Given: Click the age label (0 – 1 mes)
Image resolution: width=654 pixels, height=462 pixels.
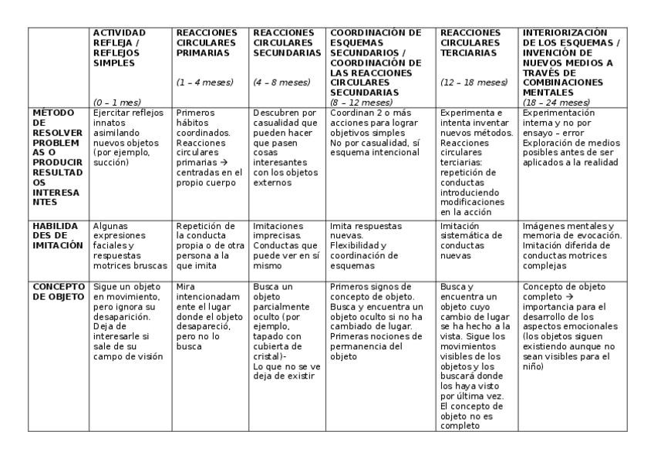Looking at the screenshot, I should point(117,102).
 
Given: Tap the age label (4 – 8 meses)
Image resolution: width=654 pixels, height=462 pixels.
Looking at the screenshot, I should point(281,83).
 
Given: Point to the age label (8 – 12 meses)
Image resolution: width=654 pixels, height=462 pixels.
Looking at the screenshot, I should point(361,102).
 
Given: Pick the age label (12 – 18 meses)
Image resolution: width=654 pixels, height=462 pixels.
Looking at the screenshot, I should point(474,83).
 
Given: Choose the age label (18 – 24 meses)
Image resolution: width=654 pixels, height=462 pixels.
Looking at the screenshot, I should point(556,102).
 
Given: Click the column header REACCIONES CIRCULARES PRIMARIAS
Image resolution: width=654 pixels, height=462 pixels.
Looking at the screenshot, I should point(203,43).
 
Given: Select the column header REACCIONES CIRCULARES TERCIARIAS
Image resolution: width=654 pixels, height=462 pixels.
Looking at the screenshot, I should point(470,43).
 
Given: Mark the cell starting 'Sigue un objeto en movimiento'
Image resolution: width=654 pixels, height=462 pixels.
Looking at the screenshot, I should point(127,321).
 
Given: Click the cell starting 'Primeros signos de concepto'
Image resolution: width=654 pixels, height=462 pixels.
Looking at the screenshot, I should point(378,321).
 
